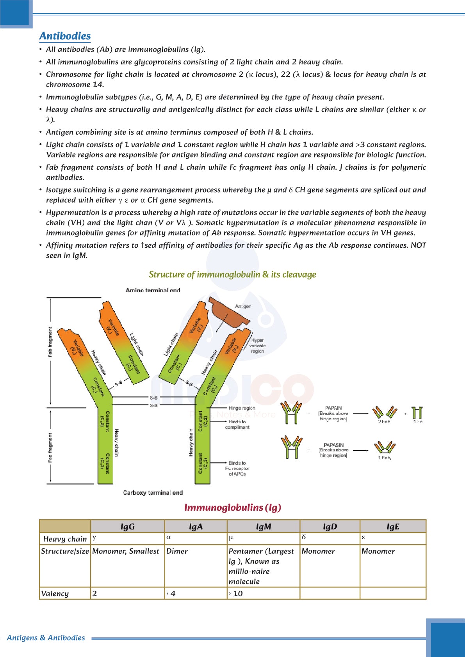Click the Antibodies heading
click(x=65, y=36)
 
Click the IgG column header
click(x=127, y=527)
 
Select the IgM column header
click(x=264, y=527)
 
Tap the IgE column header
click(x=393, y=527)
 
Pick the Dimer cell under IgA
click(x=177, y=551)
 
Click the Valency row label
click(x=55, y=593)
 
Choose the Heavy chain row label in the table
click(x=65, y=539)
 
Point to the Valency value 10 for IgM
click(x=237, y=593)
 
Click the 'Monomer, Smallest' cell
click(x=126, y=551)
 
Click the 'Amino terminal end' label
click(x=153, y=290)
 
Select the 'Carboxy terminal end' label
click(x=153, y=493)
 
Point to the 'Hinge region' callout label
click(x=242, y=408)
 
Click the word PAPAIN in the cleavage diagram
click(x=333, y=408)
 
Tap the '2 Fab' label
click(x=384, y=422)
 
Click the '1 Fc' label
click(x=418, y=422)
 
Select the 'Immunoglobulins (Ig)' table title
click(x=233, y=508)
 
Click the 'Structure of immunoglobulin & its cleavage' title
click(x=232, y=275)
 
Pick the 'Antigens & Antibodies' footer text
click(x=46, y=638)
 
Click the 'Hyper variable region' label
click(x=257, y=346)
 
